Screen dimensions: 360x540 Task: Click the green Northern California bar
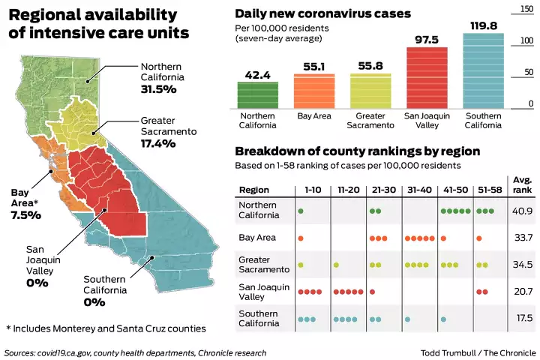pos(258,94)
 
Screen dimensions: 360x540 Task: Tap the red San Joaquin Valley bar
pos(426,78)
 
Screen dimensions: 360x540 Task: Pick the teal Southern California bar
pos(482,70)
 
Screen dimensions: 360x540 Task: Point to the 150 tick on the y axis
pos(526,9)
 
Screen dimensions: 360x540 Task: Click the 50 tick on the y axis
pos(529,73)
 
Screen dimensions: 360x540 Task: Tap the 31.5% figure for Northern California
pos(158,89)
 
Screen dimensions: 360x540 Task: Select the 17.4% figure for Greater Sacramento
pos(157,142)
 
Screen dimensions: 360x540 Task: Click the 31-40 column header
pos(418,190)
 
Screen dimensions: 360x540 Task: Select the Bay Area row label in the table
pos(256,238)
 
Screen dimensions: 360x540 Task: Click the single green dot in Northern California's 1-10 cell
pos(301,211)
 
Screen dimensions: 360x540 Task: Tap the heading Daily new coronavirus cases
pos(322,14)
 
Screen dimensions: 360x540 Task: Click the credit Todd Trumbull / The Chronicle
pos(478,352)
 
